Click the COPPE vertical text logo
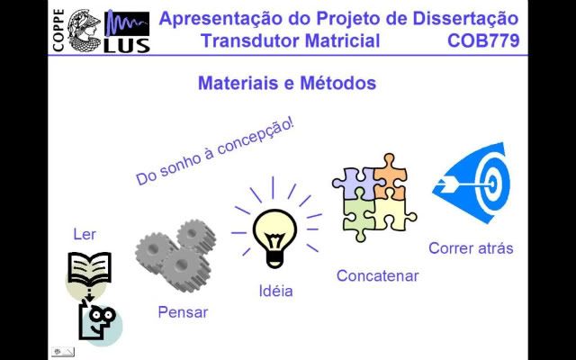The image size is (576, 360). [58, 30]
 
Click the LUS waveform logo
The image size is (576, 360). [127, 31]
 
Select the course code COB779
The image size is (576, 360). [483, 40]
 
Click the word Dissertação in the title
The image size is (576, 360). [465, 18]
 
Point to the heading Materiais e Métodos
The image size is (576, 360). [287, 83]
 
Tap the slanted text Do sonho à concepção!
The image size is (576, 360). [215, 152]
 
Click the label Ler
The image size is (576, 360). [85, 234]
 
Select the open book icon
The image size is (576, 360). [89, 268]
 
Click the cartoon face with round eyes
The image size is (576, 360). [98, 320]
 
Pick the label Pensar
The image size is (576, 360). [183, 312]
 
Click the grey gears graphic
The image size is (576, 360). [175, 256]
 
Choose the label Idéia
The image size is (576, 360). [276, 291]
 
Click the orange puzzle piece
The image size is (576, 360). [390, 177]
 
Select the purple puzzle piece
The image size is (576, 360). [354, 184]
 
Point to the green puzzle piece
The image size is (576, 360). [359, 216]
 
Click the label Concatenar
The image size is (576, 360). [378, 276]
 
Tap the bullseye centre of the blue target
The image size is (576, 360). [492, 183]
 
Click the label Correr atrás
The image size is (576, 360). [471, 248]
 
